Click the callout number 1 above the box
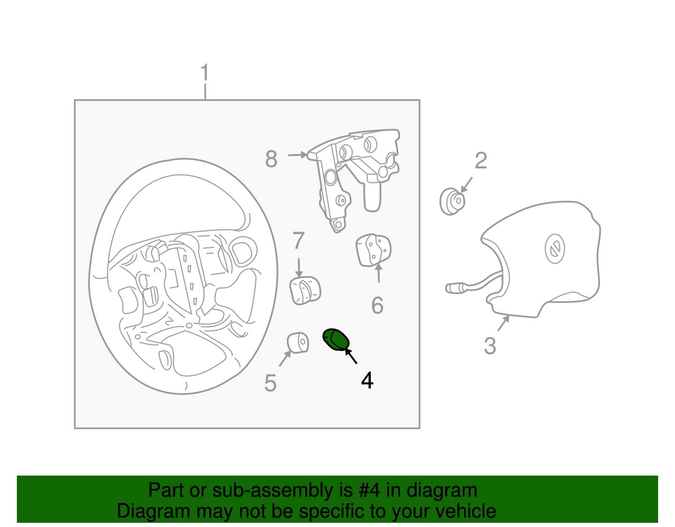[x=205, y=73]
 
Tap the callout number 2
[x=481, y=161]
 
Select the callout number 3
[x=490, y=346]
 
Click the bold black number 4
[x=367, y=380]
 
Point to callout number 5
[x=270, y=383]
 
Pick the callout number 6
[x=378, y=305]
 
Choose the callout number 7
[x=298, y=241]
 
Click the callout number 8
[x=271, y=159]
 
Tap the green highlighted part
[x=336, y=340]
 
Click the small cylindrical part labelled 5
[x=298, y=343]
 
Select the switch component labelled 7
[x=305, y=290]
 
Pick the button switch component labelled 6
[x=373, y=250]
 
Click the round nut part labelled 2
[x=452, y=202]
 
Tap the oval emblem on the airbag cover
[x=555, y=249]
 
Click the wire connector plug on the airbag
[x=456, y=288]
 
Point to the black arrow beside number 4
[x=351, y=356]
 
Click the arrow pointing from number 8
[x=297, y=155]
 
